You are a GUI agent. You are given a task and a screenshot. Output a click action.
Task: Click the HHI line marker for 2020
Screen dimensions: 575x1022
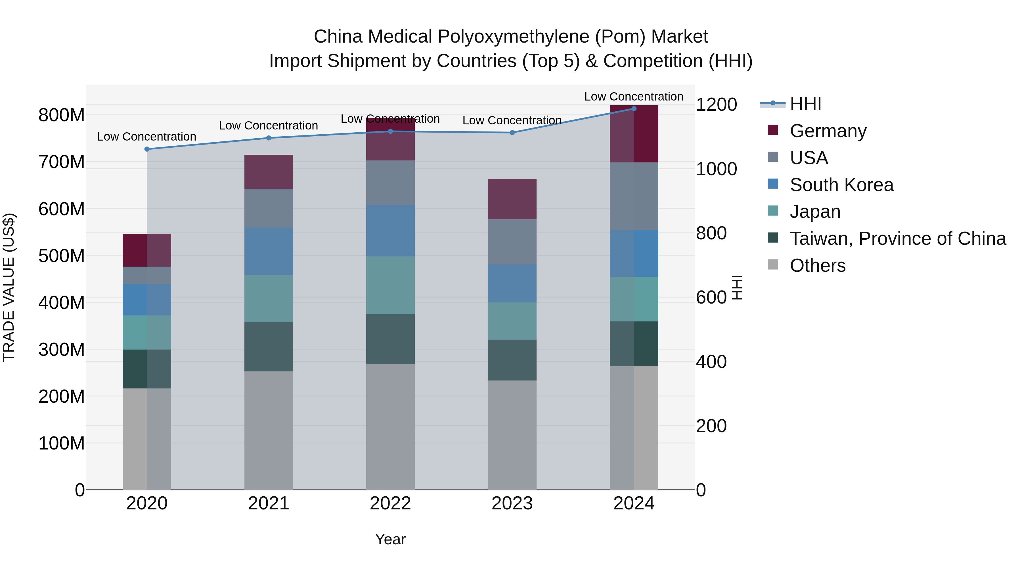(147, 149)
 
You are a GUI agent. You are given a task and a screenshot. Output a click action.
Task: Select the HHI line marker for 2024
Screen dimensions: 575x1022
(634, 109)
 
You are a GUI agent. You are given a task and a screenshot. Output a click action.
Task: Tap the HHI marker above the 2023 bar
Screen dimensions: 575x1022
(512, 133)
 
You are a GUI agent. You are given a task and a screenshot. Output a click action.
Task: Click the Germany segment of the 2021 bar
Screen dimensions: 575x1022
(269, 172)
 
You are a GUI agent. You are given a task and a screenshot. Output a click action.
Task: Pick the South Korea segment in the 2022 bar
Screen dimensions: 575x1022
(390, 231)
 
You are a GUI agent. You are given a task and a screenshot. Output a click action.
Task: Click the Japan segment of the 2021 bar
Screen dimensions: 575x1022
(269, 298)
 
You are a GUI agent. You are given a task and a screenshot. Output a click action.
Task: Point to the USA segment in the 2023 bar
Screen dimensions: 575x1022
(512, 242)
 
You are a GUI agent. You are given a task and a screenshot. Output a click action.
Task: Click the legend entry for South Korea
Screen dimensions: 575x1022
(841, 185)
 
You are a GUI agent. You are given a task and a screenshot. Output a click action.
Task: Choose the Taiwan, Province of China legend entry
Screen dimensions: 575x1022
(897, 239)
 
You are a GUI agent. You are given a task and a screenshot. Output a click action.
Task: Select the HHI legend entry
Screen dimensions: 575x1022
(805, 104)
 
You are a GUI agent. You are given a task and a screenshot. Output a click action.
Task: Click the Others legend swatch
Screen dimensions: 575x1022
(773, 265)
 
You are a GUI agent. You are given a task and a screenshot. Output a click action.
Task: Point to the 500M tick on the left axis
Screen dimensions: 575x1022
(62, 256)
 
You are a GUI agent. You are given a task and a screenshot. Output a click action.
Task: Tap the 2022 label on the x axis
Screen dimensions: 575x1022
(390, 503)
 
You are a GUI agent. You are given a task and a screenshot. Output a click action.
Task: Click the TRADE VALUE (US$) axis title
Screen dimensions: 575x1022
(9, 287)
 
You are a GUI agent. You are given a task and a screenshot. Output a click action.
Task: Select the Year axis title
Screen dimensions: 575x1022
(390, 539)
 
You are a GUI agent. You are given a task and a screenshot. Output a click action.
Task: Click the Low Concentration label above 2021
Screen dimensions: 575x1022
(269, 126)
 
